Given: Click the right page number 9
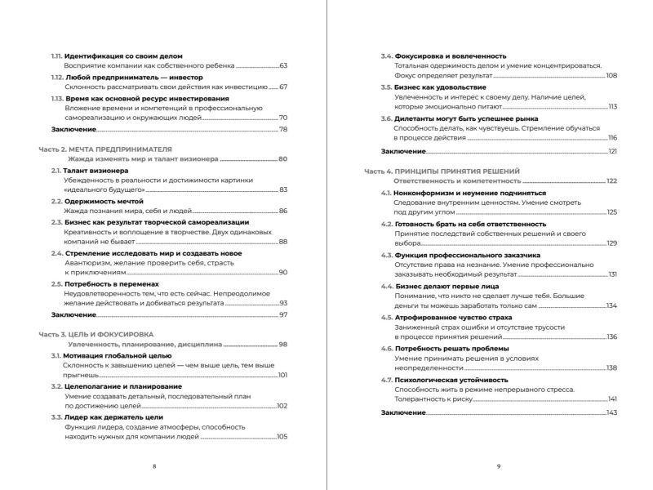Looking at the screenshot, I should coord(498,465).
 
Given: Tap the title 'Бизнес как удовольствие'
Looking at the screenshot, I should coord(440,87).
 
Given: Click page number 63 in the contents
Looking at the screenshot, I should coord(283,65).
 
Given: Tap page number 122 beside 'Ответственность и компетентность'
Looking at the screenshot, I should coord(611,180).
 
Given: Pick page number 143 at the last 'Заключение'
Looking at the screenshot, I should coord(611,413).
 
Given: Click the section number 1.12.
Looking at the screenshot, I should coord(56,76).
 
